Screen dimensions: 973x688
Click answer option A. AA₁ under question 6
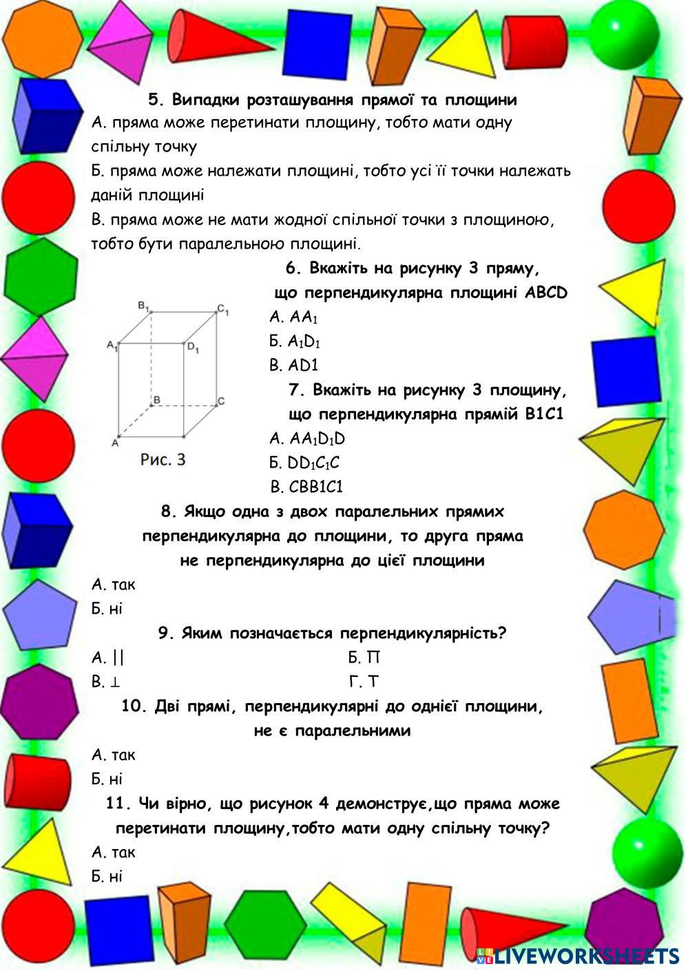pos(294,317)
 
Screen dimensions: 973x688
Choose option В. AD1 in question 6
pos(294,365)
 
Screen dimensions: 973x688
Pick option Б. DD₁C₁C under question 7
pos(304,463)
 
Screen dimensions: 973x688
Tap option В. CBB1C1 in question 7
pos(306,487)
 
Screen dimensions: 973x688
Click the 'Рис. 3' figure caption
pos(163,459)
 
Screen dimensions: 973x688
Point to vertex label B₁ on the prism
pos(144,305)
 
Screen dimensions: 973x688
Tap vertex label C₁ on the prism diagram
pos(222,309)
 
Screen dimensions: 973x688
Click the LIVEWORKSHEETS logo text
pos(585,955)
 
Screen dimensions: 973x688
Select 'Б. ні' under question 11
pos(107,877)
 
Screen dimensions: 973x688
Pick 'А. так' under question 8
pos(114,585)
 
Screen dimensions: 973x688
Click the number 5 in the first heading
pos(154,100)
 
